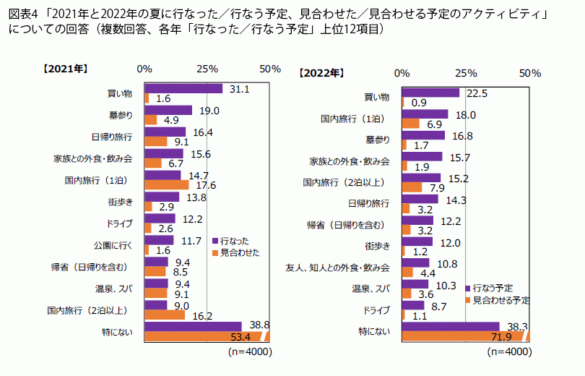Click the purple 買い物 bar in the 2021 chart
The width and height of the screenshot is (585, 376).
point(183,88)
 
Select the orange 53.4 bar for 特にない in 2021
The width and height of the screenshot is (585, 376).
point(206,336)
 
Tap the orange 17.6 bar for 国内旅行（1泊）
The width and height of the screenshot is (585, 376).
point(166,184)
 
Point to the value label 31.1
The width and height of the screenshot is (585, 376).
point(239,89)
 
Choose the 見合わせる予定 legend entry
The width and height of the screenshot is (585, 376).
point(500,299)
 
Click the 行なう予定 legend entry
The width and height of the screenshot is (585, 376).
point(494,288)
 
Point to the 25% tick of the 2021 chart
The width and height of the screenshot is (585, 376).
point(207,69)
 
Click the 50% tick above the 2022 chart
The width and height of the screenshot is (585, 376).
point(529,73)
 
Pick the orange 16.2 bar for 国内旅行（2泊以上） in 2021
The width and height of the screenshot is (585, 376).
point(165,315)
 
